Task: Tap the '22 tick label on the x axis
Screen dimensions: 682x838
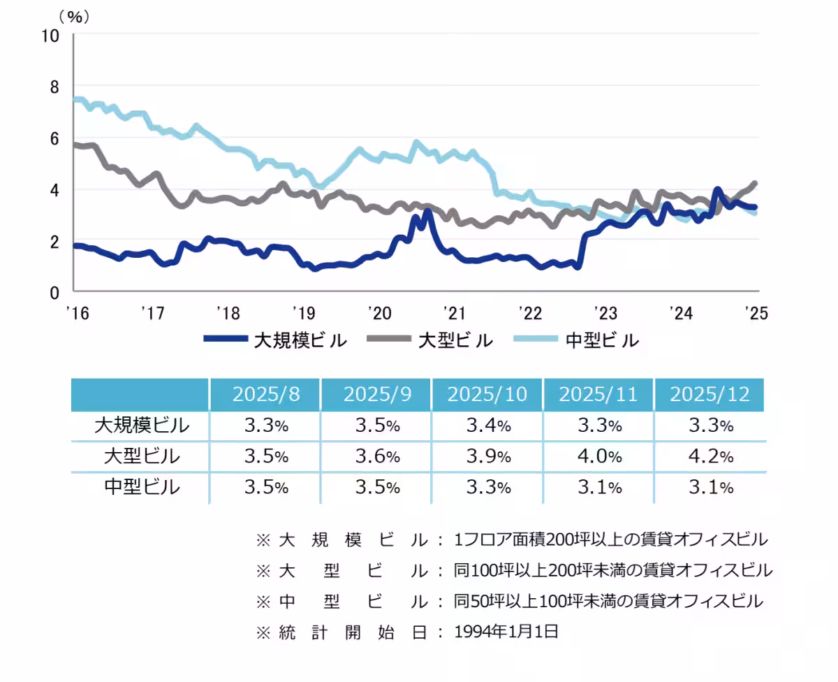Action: tap(528, 312)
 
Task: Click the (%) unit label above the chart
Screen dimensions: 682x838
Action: tap(75, 17)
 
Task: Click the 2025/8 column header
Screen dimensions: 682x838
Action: tap(266, 394)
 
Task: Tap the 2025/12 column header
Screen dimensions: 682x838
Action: tap(710, 394)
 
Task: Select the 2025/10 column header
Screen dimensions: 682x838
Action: tap(488, 394)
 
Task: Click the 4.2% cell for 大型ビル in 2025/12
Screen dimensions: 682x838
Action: tap(710, 456)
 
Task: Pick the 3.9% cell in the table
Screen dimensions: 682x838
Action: tap(488, 456)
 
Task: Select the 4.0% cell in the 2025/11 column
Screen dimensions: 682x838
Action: tap(599, 456)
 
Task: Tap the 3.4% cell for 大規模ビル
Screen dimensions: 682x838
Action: tap(488, 425)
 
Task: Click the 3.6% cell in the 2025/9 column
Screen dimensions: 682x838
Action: tap(377, 456)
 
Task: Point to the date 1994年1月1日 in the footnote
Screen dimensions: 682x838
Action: tap(506, 632)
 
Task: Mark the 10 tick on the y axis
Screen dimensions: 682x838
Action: tap(50, 36)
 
